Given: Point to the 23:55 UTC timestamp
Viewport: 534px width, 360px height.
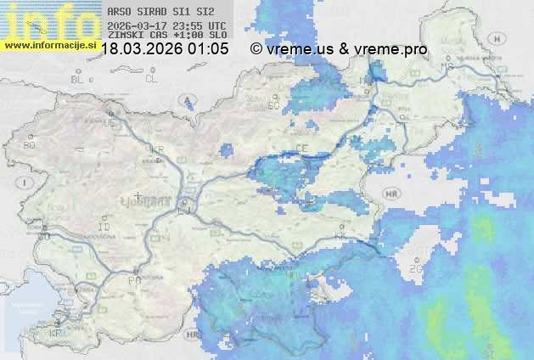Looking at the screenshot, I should [200, 25].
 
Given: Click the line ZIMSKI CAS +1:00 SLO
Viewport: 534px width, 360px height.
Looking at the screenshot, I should [166, 36].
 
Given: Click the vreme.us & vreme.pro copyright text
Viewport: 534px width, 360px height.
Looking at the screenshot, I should [339, 49].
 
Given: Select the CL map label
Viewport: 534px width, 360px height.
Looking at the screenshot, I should [151, 79].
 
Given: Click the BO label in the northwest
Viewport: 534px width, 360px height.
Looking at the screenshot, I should [29, 145].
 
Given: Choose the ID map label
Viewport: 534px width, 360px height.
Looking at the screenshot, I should [104, 228].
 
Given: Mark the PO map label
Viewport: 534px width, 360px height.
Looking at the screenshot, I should [133, 279].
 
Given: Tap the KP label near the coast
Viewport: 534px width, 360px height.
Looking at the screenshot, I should [57, 333].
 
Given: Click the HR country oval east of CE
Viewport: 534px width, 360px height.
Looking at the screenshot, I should [391, 194].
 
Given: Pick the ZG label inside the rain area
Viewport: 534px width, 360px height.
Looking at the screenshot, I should [414, 268].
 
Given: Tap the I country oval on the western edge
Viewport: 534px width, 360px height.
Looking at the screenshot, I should [26, 183].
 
